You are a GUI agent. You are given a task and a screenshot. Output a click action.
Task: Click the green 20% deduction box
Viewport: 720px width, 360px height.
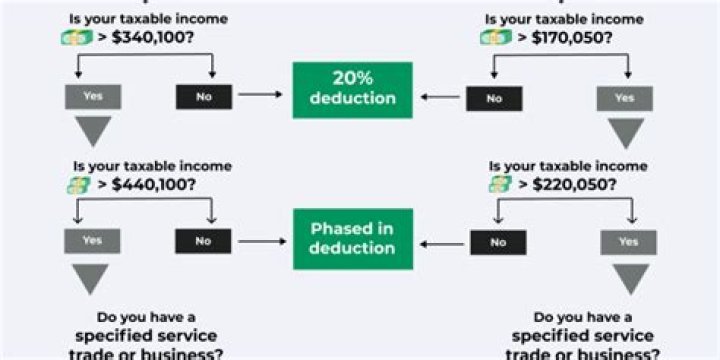click(352, 90)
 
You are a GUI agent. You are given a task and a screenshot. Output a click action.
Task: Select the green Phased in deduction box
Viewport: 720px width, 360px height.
click(352, 239)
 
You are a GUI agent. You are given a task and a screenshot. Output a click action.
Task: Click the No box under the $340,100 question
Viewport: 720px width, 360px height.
click(203, 97)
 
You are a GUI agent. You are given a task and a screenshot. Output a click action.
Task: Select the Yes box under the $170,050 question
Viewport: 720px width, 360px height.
click(625, 98)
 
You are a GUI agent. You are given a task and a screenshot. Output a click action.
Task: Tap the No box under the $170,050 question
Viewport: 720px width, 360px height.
click(494, 98)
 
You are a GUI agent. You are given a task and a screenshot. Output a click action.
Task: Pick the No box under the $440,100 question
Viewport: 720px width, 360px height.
click(203, 241)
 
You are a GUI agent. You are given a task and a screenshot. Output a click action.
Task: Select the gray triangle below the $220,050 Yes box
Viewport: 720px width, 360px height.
click(629, 278)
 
